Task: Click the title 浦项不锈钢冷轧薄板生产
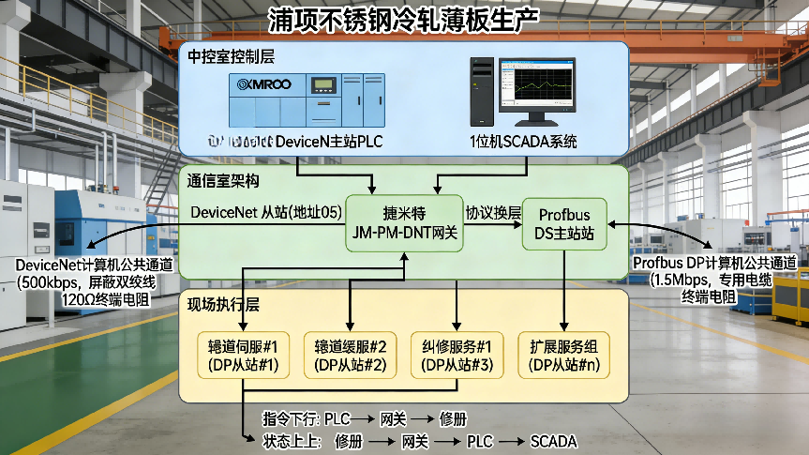click(404, 20)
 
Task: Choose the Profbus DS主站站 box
click(563, 223)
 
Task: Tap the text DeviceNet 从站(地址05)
click(264, 213)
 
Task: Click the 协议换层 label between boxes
click(493, 213)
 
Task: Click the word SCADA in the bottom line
click(553, 441)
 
